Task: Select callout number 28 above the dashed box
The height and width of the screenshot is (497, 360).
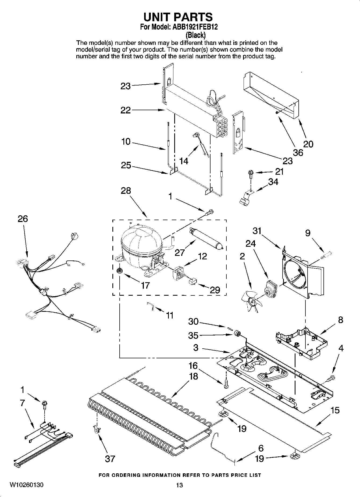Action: point(126,191)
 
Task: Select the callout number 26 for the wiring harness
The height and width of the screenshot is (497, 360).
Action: point(23,219)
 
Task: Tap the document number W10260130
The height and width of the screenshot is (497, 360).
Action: point(27,485)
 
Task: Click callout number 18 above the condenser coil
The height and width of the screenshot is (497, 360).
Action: point(194,376)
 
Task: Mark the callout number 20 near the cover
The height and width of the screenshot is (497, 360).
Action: point(308,144)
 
